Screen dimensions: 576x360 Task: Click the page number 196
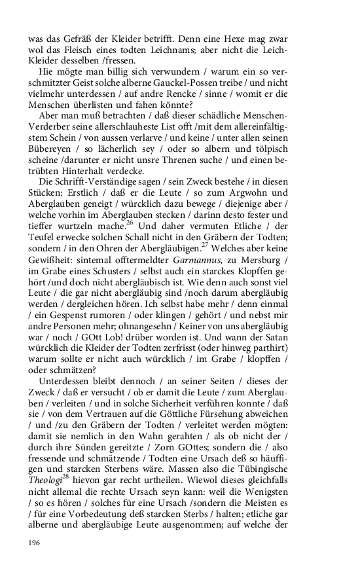tap(35, 543)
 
